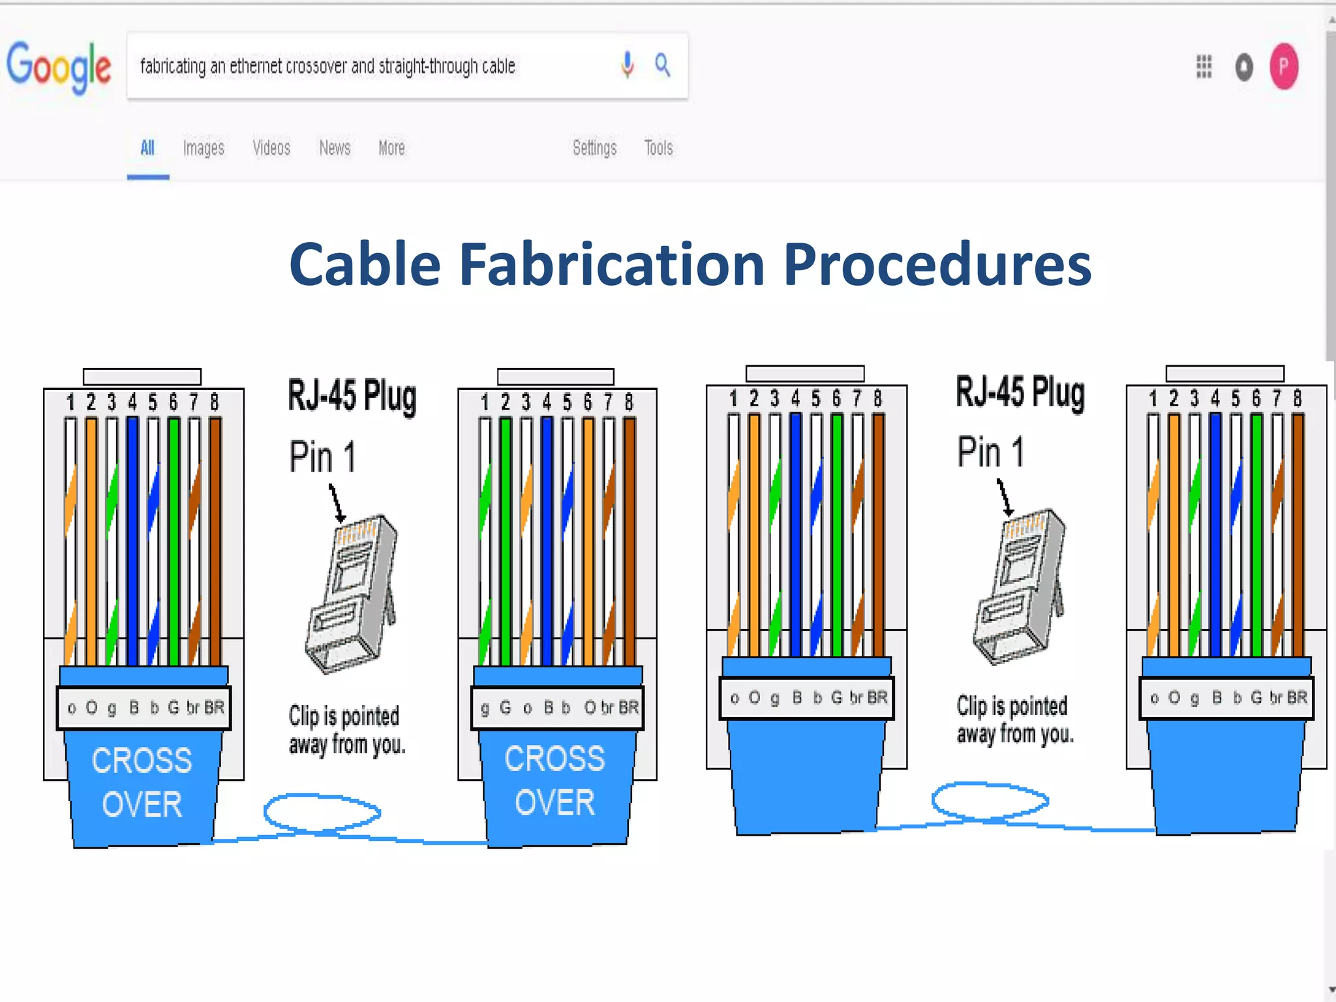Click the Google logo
[x=59, y=67]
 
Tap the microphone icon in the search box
[x=627, y=65]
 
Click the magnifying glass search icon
[x=662, y=65]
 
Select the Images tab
[x=204, y=148]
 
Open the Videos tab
[x=271, y=148]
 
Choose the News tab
[x=335, y=148]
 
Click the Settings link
[x=594, y=148]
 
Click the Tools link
[x=658, y=148]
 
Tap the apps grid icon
[x=1204, y=67]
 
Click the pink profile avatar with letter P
[x=1283, y=67]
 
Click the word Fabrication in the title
[x=612, y=264]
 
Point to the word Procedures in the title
[x=937, y=264]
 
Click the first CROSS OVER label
[x=142, y=782]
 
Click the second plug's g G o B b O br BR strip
[x=558, y=708]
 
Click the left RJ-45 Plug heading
[x=352, y=396]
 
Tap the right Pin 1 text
[x=990, y=452]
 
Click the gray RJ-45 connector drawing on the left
[x=352, y=594]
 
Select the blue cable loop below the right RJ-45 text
[x=990, y=800]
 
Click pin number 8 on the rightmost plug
[x=1298, y=398]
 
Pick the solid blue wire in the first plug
[x=132, y=541]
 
